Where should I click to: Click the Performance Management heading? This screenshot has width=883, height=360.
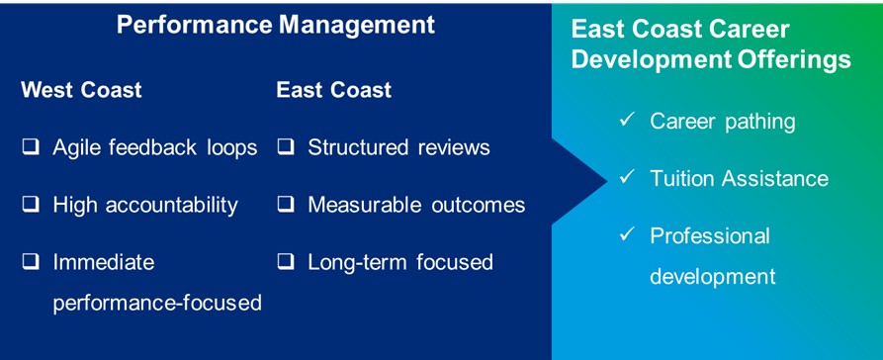(x=275, y=25)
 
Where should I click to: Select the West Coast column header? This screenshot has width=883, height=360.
(x=82, y=90)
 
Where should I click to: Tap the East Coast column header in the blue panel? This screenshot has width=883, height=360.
(x=334, y=90)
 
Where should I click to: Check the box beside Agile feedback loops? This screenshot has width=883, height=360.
(x=31, y=147)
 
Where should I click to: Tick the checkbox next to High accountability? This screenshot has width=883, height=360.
(x=31, y=205)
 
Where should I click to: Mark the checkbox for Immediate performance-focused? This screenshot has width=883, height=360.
(x=31, y=262)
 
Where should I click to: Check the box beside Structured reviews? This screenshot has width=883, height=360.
(x=286, y=147)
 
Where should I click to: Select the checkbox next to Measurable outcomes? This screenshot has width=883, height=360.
(x=286, y=205)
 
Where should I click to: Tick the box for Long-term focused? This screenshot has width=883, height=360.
(x=286, y=262)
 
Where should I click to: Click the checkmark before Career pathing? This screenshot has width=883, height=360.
(x=627, y=120)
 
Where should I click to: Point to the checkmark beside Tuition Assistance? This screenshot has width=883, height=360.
(x=627, y=177)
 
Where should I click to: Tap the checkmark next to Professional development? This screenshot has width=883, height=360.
(x=627, y=234)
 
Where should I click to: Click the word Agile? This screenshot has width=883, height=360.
(x=76, y=148)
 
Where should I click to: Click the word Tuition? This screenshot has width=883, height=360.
(x=682, y=178)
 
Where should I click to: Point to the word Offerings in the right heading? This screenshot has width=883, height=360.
(x=795, y=59)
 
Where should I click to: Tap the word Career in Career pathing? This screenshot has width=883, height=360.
(x=681, y=121)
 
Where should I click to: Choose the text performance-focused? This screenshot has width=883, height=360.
(x=157, y=303)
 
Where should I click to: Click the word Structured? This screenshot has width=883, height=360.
(x=358, y=147)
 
